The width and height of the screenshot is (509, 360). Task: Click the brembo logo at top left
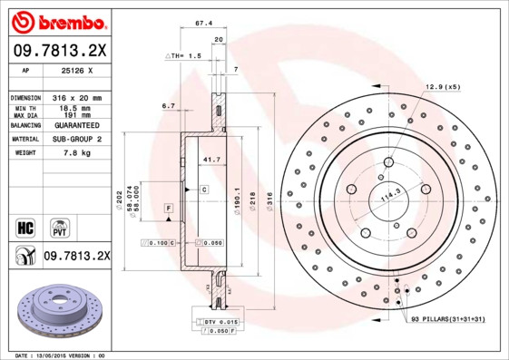pyautogui.click(x=57, y=20)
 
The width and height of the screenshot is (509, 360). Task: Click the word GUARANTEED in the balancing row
pyautogui.click(x=77, y=124)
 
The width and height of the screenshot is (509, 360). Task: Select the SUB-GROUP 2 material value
pyautogui.click(x=77, y=139)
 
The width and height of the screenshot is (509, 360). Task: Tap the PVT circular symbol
pyautogui.click(x=58, y=226)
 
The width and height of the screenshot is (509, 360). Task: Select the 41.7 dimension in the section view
pyautogui.click(x=212, y=161)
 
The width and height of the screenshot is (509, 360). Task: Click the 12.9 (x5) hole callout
pyautogui.click(x=443, y=86)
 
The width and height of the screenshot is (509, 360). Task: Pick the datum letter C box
pyautogui.click(x=204, y=189)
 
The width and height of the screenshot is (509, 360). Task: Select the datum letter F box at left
pyautogui.click(x=168, y=209)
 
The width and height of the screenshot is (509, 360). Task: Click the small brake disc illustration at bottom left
pyautogui.click(x=55, y=310)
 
